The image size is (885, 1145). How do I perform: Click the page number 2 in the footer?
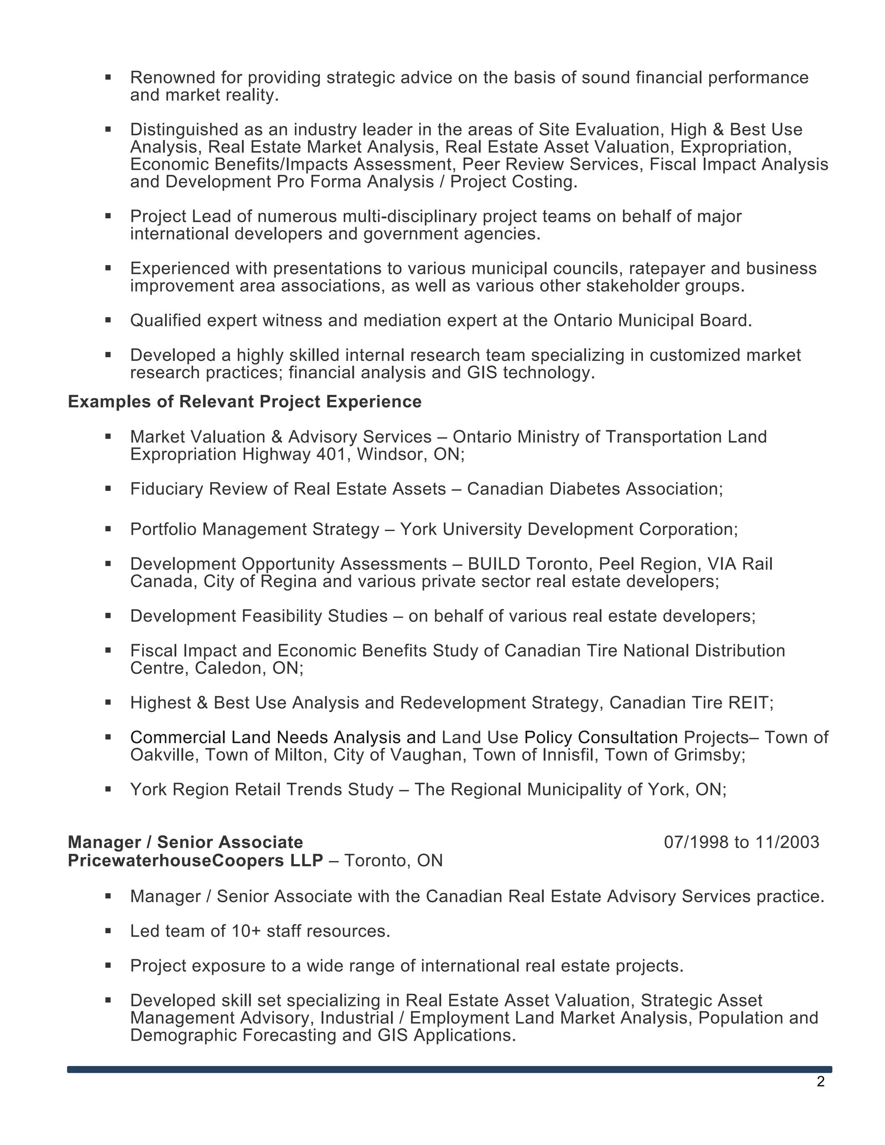point(821,1081)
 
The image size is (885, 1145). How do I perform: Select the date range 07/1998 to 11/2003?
point(741,842)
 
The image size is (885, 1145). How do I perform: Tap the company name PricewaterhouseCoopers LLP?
point(195,860)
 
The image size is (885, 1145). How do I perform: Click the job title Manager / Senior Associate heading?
point(185,842)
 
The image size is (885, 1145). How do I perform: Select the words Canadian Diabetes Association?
point(594,489)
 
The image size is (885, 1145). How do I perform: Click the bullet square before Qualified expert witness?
point(108,320)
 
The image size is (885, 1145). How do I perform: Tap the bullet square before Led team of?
point(108,931)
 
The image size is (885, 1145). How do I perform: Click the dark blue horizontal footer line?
point(449,1069)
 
